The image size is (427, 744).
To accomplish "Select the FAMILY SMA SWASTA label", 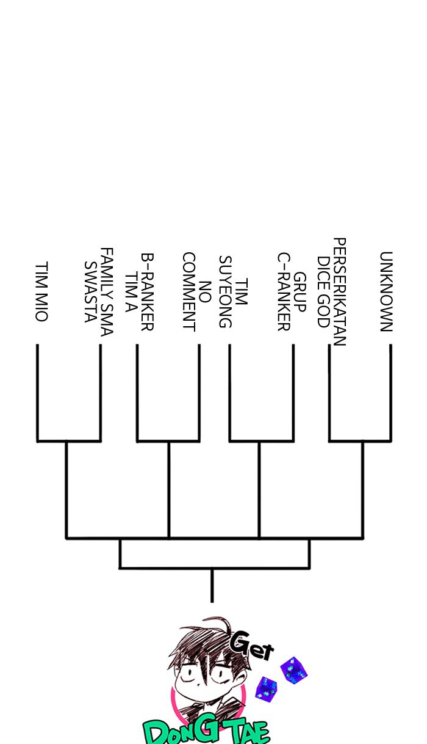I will click(x=99, y=291).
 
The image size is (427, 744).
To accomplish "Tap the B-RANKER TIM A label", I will click(x=139, y=292).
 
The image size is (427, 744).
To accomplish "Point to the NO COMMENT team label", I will click(x=196, y=292).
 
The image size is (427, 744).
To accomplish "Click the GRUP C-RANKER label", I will click(x=291, y=292).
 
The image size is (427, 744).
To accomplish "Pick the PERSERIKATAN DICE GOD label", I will click(x=331, y=292).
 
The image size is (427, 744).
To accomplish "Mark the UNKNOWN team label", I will click(x=386, y=291).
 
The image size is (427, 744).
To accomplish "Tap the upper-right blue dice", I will click(x=294, y=670).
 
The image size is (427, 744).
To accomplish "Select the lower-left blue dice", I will click(x=266, y=688).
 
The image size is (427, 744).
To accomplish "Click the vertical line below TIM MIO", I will click(x=38, y=391).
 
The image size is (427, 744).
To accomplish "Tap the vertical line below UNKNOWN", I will click(x=390, y=391).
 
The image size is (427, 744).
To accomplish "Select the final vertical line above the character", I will click(x=212, y=585).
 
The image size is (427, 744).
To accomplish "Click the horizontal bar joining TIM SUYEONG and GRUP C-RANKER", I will click(x=261, y=440).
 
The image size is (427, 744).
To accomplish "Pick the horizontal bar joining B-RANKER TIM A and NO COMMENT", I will click(x=168, y=440).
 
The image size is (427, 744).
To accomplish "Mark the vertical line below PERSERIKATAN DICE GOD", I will click(x=329, y=391).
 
